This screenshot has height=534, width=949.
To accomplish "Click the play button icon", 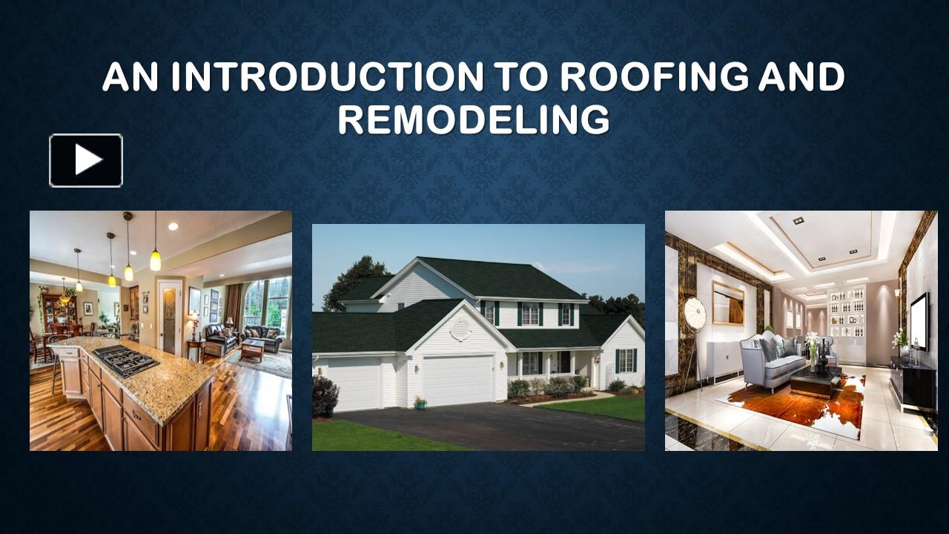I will [x=86, y=160].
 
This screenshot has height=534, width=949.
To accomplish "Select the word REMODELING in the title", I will [x=474, y=120].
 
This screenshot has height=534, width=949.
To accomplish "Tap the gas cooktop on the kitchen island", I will [x=124, y=360].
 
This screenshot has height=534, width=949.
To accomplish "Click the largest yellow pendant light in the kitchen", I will [x=155, y=260].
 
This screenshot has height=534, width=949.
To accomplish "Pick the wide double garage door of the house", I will [x=457, y=380].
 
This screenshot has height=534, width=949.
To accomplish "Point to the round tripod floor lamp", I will [x=695, y=311].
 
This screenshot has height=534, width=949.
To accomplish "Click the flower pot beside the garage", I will [x=420, y=402].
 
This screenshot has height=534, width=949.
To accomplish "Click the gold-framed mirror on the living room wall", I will [x=729, y=303].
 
